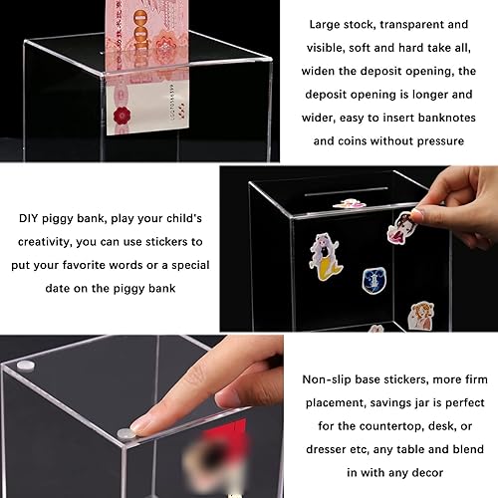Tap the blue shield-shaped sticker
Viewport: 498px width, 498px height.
tap(373, 280)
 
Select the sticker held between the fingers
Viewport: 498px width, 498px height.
tap(401, 224)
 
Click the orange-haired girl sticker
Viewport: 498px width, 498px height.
tap(421, 315)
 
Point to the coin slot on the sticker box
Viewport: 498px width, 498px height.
tap(346, 189)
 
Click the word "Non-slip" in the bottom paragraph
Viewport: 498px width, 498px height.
tap(331, 379)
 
